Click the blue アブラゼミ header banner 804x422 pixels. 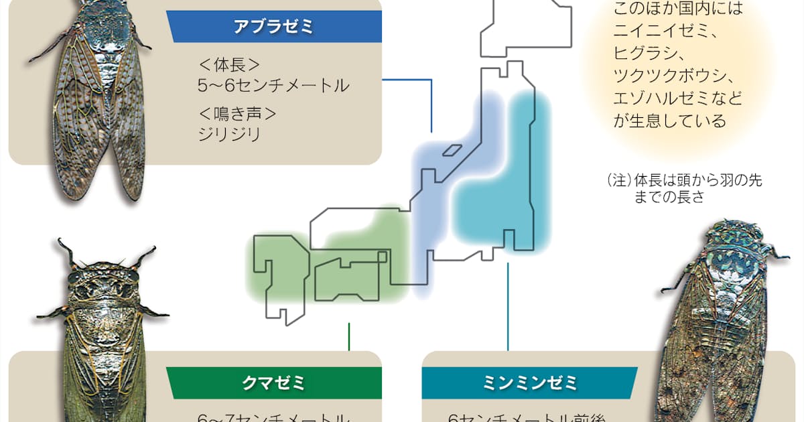[x=275, y=27]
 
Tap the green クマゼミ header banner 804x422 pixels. [x=275, y=383]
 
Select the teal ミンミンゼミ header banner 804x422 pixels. [x=529, y=383]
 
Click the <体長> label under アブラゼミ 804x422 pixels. [x=228, y=65]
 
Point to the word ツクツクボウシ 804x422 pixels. [x=667, y=75]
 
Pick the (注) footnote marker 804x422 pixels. [x=614, y=181]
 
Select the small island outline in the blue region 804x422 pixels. [x=454, y=151]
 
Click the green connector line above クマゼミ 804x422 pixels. [x=349, y=337]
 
